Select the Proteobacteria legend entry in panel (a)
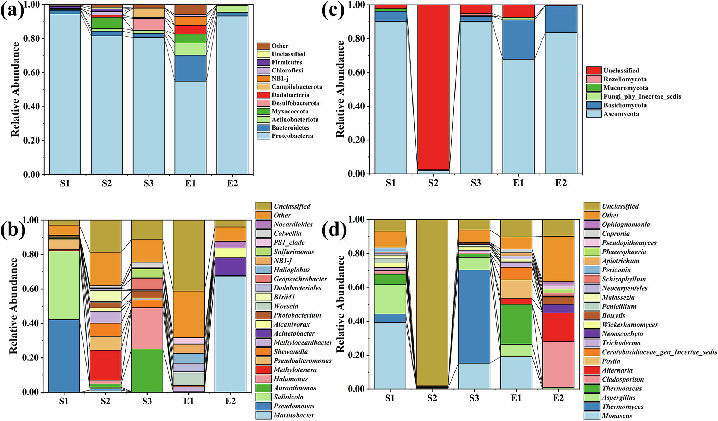click(x=292, y=136)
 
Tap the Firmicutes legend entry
click(x=286, y=62)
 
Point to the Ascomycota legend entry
click(x=621, y=114)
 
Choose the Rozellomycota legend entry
click(x=625, y=79)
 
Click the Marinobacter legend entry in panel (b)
click(x=294, y=415)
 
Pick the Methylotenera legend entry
click(x=295, y=370)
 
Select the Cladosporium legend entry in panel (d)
click(x=623, y=379)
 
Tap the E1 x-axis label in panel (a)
click(x=190, y=183)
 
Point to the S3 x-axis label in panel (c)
click(x=476, y=183)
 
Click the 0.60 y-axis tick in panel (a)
click(x=32, y=72)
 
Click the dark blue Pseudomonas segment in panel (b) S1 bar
click(x=64, y=355)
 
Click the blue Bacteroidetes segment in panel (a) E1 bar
click(x=190, y=68)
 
